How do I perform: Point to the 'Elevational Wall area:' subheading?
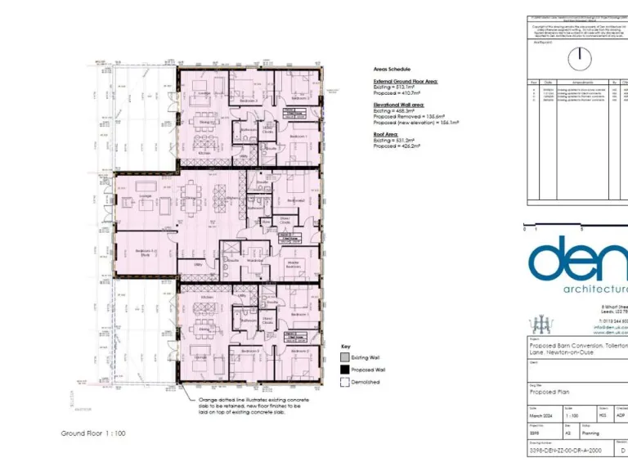pos(401,105)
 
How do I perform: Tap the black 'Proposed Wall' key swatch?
pos(345,370)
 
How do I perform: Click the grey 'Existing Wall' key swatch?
pos(345,357)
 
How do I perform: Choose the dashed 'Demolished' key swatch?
pos(345,382)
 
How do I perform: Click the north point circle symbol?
pos(580,57)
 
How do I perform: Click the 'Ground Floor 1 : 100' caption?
pos(93,433)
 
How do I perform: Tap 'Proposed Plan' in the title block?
pos(551,392)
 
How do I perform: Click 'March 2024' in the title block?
pos(543,416)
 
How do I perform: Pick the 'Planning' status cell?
pos(592,433)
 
